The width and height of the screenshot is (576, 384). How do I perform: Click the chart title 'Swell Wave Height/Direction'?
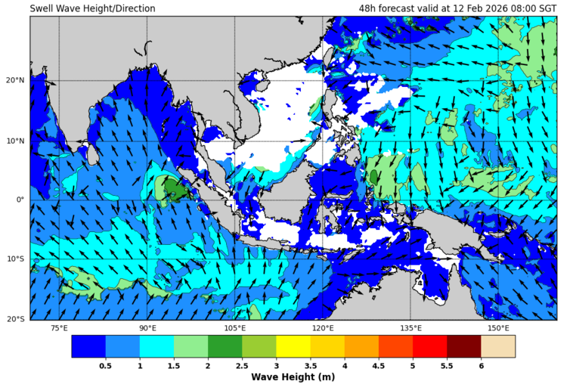click(92, 8)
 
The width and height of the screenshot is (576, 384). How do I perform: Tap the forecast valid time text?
click(457, 8)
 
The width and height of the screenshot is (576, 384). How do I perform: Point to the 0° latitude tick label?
click(20, 200)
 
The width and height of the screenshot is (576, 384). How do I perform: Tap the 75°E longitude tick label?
click(59, 328)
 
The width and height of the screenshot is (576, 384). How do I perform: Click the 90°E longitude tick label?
click(147, 328)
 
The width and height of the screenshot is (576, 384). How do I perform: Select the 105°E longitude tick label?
click(235, 328)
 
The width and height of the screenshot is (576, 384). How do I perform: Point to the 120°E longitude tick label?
click(323, 328)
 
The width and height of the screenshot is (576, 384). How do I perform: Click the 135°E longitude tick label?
click(410, 328)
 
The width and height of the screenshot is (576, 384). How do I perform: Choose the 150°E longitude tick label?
click(498, 328)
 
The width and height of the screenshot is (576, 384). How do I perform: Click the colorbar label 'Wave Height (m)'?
click(293, 376)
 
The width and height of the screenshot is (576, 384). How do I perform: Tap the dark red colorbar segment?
click(463, 346)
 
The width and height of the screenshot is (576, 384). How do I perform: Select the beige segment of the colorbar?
click(497, 346)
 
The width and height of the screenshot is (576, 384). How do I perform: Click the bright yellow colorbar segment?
click(293, 346)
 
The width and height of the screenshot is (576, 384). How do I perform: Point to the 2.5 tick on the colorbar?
click(242, 366)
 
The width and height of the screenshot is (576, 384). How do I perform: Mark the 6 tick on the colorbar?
click(481, 366)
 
